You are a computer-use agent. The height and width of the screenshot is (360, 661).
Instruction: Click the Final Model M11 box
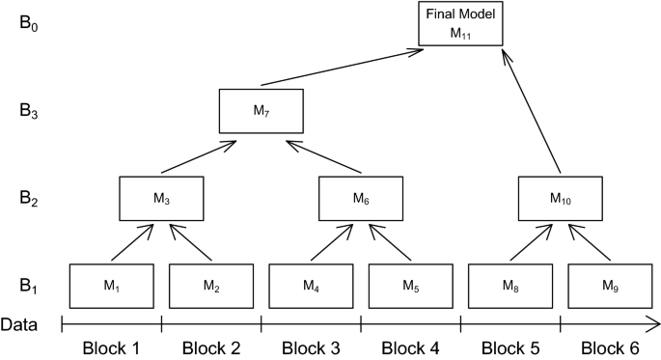461,24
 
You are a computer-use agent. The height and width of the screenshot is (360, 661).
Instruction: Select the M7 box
262,111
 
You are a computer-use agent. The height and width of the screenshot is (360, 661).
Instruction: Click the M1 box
111,286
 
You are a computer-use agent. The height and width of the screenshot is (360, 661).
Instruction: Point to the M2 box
211,286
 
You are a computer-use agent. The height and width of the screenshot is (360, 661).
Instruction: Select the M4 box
311,286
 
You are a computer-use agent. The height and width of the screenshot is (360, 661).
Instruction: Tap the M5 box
411,286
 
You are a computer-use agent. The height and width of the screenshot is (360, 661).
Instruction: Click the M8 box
510,286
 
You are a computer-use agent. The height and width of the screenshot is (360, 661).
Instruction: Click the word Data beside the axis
19,324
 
